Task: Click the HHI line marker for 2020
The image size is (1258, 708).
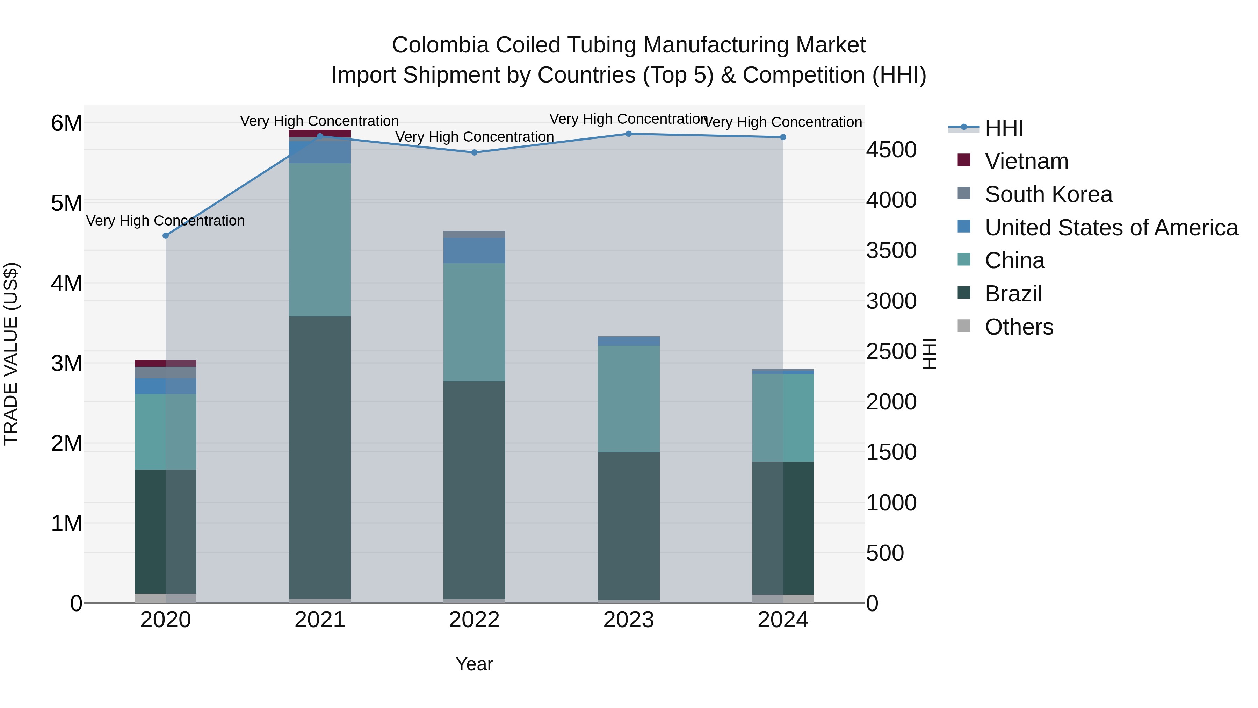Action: pyautogui.click(x=166, y=236)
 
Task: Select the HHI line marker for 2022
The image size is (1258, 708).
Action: pyautogui.click(x=474, y=152)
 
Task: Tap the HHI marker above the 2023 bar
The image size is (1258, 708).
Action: pyautogui.click(x=629, y=134)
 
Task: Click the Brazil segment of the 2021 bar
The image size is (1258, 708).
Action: pyautogui.click(x=320, y=457)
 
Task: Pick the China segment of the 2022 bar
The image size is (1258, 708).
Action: pyautogui.click(x=474, y=322)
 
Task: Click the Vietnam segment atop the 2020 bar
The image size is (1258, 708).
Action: pyautogui.click(x=166, y=363)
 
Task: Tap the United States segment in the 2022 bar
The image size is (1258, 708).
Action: pyautogui.click(x=474, y=251)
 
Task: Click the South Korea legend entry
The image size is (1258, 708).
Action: pyautogui.click(x=1048, y=194)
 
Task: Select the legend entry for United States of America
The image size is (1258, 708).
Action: pyautogui.click(x=1111, y=228)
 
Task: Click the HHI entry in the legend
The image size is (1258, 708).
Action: pyautogui.click(x=1004, y=128)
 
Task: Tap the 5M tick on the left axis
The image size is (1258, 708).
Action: pyautogui.click(x=66, y=203)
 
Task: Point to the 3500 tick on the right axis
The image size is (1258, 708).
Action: pyautogui.click(x=891, y=251)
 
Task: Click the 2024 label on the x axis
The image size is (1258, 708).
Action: pyautogui.click(x=782, y=620)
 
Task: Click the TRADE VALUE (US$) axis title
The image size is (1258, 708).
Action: pyautogui.click(x=11, y=354)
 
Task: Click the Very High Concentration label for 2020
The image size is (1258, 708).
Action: pyautogui.click(x=166, y=221)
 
